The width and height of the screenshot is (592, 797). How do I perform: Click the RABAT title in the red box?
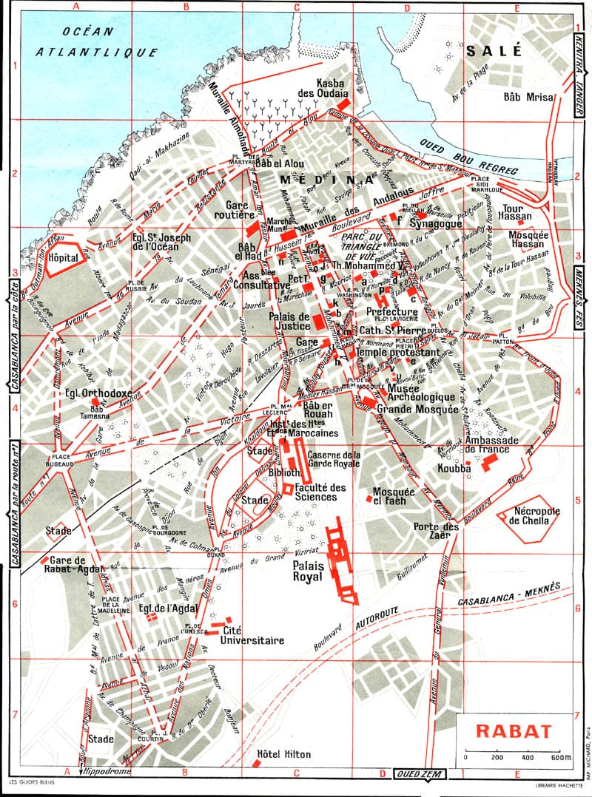(x=514, y=732)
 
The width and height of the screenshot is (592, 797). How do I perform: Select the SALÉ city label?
(x=494, y=50)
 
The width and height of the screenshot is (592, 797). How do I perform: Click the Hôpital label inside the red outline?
(x=63, y=260)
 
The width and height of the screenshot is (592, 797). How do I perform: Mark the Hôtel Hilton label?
(x=284, y=755)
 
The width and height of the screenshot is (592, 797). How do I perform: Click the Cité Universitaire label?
(x=254, y=636)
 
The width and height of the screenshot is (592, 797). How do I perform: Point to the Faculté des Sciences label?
(x=320, y=492)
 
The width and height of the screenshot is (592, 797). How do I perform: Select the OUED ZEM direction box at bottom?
(x=418, y=774)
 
